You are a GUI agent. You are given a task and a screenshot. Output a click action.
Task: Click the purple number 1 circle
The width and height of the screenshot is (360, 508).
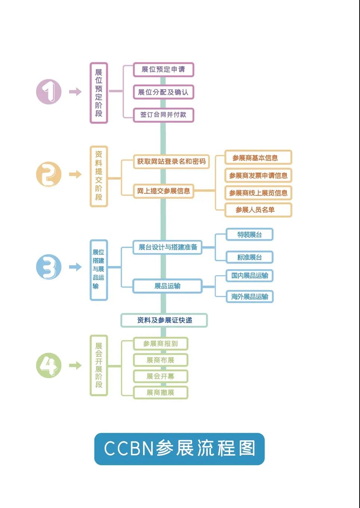tap(49, 92)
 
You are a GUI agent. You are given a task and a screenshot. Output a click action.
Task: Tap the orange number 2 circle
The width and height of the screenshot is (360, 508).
tap(49, 174)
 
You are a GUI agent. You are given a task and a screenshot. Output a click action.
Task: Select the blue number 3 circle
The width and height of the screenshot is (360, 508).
tap(49, 267)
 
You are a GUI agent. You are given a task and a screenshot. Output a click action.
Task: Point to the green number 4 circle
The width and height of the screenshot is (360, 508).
tap(49, 365)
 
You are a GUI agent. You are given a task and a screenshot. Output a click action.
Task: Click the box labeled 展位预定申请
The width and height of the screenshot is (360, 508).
tap(164, 69)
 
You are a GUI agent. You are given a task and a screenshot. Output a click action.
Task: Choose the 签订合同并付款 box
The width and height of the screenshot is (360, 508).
tap(164, 115)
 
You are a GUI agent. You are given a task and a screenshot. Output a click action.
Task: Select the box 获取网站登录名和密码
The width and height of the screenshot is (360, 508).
tap(171, 161)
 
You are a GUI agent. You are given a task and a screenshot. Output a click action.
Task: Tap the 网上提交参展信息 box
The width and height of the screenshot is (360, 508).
tap(164, 191)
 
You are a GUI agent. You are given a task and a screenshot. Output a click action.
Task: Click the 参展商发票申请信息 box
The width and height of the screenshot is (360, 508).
tap(258, 175)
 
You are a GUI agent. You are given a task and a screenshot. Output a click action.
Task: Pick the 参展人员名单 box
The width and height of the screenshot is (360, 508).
tap(258, 210)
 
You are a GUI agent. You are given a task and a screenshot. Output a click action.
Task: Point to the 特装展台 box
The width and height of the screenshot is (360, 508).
tap(249, 235)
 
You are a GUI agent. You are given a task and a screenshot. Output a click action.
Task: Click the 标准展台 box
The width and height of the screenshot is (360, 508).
tap(249, 257)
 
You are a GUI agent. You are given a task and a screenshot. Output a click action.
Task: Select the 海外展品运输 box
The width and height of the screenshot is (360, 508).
tap(249, 297)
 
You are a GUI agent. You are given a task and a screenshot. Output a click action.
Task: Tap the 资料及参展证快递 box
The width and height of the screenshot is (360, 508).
tap(164, 320)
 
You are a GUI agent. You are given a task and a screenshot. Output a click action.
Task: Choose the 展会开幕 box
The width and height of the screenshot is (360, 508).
tap(161, 376)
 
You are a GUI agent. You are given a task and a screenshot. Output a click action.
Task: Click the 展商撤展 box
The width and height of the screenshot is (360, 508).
tap(161, 393)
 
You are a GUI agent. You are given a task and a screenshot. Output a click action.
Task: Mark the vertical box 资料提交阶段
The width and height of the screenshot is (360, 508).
tap(99, 176)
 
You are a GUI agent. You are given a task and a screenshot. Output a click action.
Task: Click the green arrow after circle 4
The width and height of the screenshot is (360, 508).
tap(75, 365)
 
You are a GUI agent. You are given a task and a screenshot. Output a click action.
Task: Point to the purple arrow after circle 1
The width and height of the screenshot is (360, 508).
tap(75, 92)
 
